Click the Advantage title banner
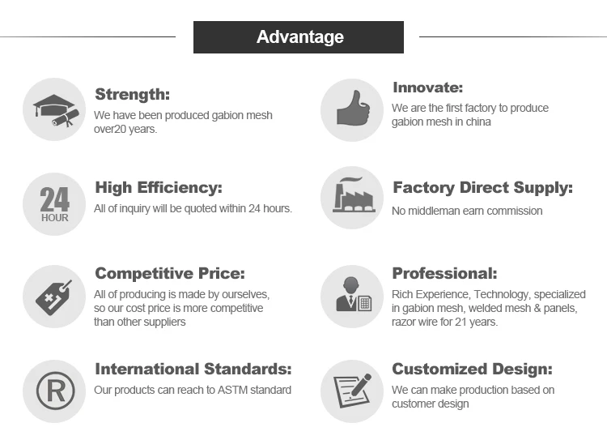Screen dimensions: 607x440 [x=299, y=37]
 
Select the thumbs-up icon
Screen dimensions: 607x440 [x=353, y=108]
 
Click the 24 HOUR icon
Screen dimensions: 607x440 [x=54, y=204]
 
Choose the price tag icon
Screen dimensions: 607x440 [x=53, y=297]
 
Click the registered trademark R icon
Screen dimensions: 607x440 [x=55, y=391]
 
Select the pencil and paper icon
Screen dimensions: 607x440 [x=353, y=391]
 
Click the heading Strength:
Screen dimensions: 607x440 [x=133, y=94]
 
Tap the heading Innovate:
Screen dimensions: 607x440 [x=428, y=88]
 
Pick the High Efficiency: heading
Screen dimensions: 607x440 [x=159, y=188]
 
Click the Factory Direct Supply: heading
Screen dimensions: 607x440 [x=482, y=188]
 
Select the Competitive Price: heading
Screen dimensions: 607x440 [x=170, y=273]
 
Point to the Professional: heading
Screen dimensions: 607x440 [x=444, y=273]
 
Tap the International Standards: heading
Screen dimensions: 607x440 [x=193, y=369]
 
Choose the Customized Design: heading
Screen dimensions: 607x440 [x=473, y=369]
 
